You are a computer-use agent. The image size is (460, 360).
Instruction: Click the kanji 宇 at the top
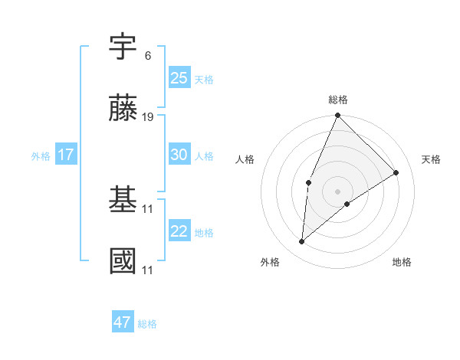123,49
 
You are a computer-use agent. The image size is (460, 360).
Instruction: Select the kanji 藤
123,109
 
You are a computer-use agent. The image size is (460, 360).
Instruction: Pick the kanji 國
123,262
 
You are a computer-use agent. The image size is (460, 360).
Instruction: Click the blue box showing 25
179,77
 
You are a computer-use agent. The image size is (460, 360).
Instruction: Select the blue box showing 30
179,155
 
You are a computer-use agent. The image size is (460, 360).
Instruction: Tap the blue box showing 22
179,231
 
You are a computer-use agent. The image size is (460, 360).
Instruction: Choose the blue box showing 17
66,155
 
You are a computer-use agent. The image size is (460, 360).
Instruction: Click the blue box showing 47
123,322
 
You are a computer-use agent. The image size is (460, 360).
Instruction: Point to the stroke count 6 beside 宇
147,56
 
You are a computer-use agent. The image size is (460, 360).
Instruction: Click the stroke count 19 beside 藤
149,117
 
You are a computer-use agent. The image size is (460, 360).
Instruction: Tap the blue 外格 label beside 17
41,155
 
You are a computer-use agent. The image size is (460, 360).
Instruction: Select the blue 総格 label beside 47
147,324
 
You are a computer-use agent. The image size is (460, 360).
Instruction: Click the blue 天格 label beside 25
204,79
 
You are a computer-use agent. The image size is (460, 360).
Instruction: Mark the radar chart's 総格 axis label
338,100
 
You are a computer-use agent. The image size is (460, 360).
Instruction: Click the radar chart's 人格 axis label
245,159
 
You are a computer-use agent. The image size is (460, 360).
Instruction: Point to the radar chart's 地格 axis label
402,262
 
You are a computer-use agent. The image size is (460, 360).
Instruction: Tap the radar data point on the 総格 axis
337,116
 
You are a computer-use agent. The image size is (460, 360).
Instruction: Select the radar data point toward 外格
302,242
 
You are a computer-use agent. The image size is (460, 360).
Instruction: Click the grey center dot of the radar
337,191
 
